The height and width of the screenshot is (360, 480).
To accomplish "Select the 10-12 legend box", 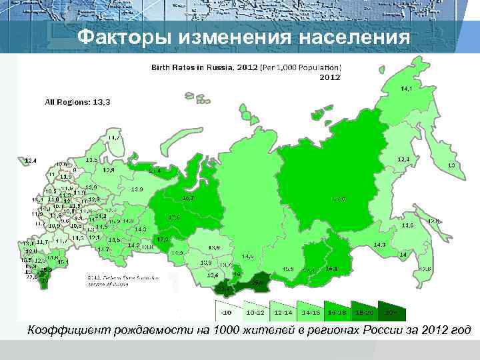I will pos(255,311).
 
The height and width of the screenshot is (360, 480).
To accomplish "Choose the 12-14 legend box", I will pos(283,311).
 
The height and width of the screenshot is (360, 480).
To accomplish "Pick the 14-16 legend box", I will pos(311,311).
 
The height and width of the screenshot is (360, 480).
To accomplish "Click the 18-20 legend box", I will pos(365,311).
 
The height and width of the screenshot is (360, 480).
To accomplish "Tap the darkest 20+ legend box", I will pos(393,311).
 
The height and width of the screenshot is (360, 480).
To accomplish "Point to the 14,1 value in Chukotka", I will pos(406,88).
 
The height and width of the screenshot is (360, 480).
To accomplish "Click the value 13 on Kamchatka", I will pos(451,165).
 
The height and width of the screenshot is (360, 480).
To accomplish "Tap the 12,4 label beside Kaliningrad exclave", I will pos(30,161).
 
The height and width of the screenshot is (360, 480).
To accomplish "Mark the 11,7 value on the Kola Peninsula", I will pos(114,137).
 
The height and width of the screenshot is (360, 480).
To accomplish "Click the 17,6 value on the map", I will pos(174,217).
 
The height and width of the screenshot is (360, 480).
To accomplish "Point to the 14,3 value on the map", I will pos(380,245).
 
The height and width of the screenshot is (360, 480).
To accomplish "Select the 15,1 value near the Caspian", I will pos(63,262).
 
